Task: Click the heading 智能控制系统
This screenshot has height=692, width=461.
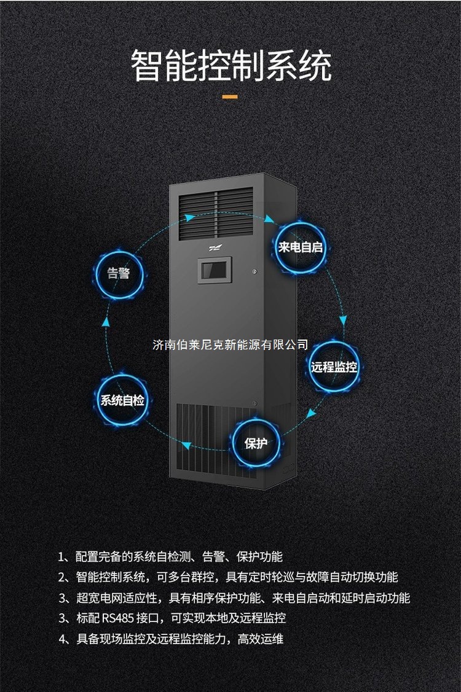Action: [x=231, y=66]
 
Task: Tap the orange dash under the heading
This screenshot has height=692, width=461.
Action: [x=230, y=97]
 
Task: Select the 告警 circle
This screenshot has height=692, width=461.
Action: [x=119, y=273]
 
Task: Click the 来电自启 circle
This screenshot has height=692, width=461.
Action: [x=301, y=247]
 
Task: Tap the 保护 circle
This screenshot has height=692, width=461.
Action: [x=256, y=443]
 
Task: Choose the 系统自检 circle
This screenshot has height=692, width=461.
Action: [x=122, y=401]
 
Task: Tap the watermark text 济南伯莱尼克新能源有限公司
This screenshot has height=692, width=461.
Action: [x=230, y=344]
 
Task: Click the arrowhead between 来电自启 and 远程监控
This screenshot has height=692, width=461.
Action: [x=343, y=320]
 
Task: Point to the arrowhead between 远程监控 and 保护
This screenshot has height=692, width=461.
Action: [x=312, y=414]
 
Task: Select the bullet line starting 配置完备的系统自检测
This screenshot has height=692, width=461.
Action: [x=178, y=557]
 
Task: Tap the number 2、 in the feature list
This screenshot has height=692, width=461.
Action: [x=65, y=577]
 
